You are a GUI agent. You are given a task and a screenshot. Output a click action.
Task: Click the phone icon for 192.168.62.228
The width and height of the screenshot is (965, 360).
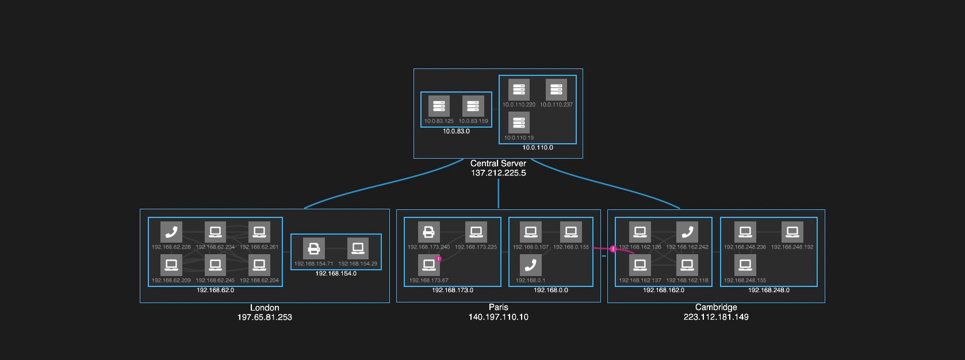pos(171,232)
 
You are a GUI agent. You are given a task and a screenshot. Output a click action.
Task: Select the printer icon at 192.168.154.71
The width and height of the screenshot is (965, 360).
pos(313,248)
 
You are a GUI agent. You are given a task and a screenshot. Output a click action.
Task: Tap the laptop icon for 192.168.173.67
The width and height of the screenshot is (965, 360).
pos(428,265)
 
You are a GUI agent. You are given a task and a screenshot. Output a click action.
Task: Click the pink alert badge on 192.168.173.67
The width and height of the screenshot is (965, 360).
pos(439,259)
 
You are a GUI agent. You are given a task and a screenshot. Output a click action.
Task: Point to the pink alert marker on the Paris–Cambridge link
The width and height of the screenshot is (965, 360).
pos(613,249)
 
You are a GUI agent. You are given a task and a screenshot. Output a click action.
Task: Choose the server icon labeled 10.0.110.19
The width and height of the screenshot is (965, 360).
pos(519,122)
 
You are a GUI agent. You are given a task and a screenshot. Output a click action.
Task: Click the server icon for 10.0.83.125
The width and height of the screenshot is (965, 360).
pos(439,106)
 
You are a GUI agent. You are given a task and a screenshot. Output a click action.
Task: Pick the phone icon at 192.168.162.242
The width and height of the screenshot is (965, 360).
pos(687,232)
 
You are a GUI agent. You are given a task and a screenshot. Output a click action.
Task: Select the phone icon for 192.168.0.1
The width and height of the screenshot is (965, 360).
pos(530,265)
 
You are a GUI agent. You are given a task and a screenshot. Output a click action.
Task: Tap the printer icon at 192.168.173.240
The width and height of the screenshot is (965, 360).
pos(428,232)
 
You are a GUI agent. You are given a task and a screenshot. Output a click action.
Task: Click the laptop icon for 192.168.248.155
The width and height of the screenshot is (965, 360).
pos(745,265)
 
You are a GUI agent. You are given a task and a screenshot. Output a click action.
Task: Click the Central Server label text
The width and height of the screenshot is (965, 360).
pos(498,163)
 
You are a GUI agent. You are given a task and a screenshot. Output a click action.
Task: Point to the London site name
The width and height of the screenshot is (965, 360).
pos(265,308)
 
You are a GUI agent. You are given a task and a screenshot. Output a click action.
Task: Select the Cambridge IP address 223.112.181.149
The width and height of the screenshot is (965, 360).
pos(716,317)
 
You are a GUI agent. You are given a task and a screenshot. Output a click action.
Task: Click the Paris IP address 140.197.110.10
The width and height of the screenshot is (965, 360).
pos(498,317)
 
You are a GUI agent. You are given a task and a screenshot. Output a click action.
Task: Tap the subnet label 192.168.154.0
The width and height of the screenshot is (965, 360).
pos(336,274)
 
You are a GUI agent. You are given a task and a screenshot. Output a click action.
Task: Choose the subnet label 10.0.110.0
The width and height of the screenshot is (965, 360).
pos(537,148)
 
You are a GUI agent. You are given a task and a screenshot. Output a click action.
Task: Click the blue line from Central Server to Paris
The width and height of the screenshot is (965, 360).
pos(498,193)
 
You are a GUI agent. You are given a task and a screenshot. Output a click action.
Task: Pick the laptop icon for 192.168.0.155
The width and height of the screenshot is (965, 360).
pos(570,232)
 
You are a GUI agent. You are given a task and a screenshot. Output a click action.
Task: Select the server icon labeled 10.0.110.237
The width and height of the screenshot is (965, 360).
pos(556,89)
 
